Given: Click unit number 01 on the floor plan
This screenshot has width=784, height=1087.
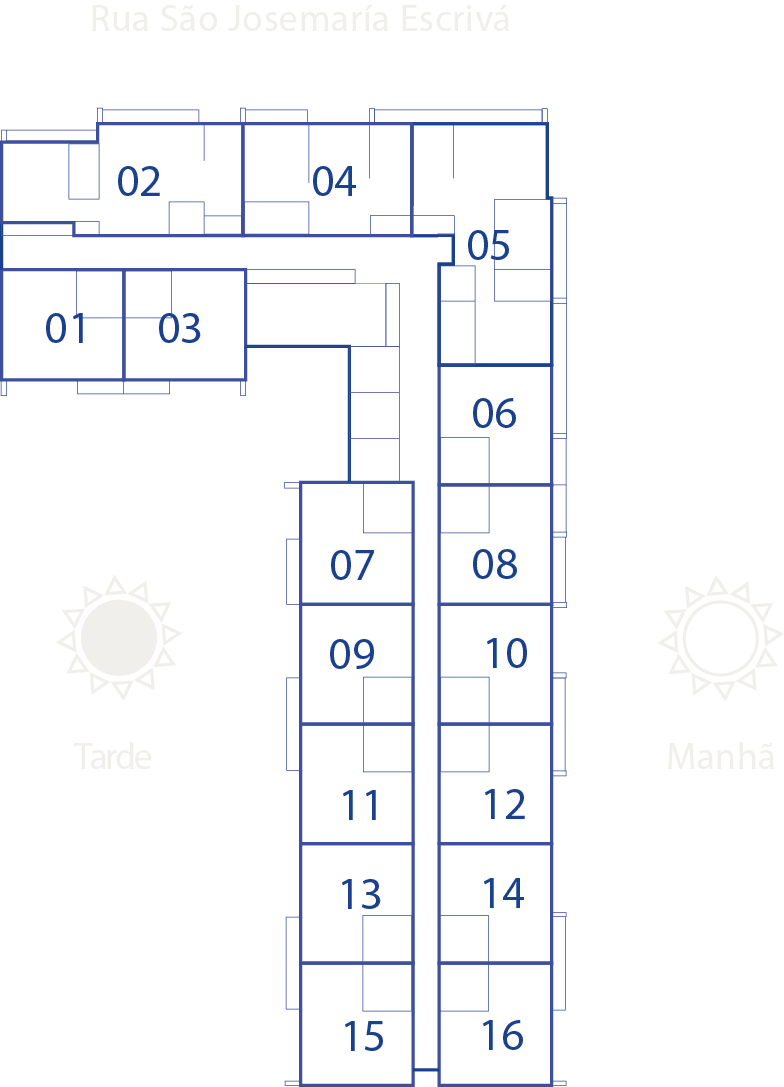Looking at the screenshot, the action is pos(66,328).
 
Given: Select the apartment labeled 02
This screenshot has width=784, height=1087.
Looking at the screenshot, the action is pos(139,182).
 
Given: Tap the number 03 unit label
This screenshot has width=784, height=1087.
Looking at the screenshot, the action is pos(179,328).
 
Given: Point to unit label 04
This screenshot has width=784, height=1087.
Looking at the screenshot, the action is pos(334,182).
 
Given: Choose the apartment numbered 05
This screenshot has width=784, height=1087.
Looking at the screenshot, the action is pos(488,245).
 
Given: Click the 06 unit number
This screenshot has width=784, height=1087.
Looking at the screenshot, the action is pos(494,413).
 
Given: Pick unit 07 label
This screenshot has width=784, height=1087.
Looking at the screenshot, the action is pos(352,565).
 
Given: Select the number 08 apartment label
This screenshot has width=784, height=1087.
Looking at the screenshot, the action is pos(494,564).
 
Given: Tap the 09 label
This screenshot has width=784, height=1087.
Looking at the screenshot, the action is pos(351,654).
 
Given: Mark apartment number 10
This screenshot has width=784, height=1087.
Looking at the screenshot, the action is pos(507,653).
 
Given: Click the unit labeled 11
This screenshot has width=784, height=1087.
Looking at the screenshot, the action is pos(360,806).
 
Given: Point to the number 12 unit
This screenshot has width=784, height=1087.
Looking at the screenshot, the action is pos(504,805).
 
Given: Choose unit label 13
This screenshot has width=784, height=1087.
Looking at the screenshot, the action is pos(360,894).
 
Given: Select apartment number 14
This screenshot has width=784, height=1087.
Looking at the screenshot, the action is pos(503,894).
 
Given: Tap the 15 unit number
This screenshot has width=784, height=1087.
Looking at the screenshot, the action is pos(363,1037).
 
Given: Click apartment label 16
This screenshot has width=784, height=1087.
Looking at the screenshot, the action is pos(503,1036).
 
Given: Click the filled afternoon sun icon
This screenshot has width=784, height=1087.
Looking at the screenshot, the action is pos(119,638).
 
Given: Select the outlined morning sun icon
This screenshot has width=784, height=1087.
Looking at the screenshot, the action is pos(721,638).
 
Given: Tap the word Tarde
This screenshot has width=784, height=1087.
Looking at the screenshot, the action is pos(112,756).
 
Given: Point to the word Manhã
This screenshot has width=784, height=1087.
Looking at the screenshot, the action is pos(720,755).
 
